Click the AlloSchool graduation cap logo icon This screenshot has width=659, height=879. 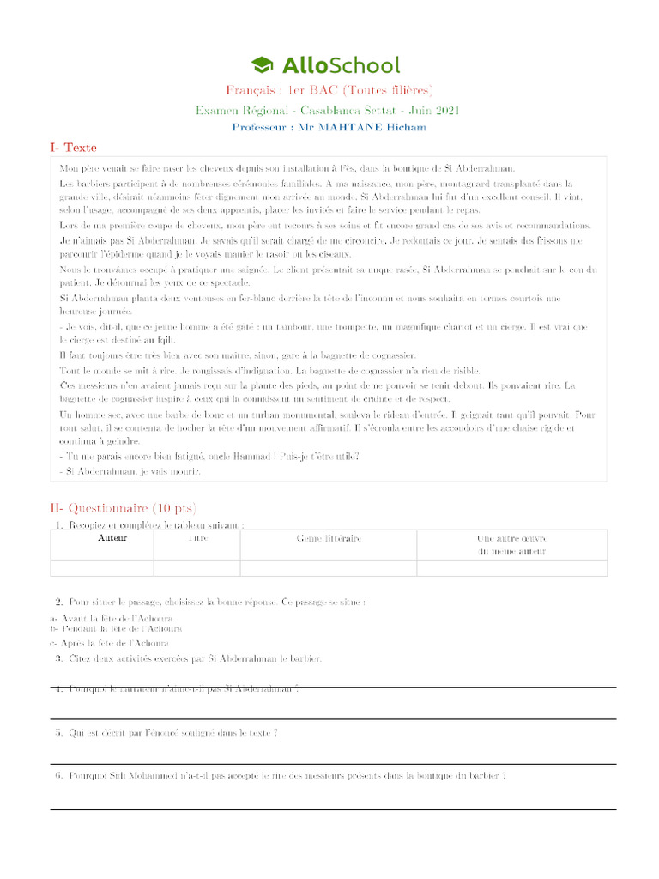262,64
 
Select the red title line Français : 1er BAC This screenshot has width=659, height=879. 329,90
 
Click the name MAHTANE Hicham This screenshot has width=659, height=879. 372,127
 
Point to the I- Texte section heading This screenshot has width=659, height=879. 74,148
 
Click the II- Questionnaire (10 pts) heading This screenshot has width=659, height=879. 123,508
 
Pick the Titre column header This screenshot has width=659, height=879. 196,538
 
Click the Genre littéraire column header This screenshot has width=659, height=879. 328,538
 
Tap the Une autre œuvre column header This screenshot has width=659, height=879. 511,544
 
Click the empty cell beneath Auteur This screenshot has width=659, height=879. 102,567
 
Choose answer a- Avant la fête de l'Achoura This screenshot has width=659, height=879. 112,618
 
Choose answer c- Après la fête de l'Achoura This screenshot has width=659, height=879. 109,642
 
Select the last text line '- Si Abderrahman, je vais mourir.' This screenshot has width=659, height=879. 130,471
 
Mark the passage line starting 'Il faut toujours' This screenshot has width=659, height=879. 226,355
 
